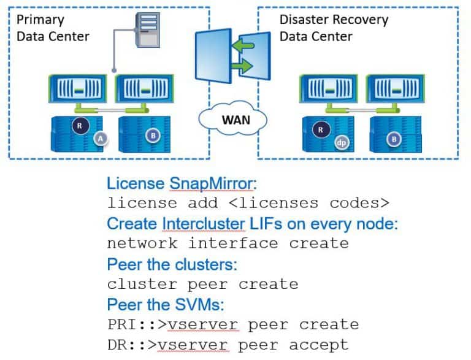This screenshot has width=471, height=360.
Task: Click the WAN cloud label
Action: click(x=235, y=119)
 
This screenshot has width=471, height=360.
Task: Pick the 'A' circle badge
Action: click(x=101, y=140)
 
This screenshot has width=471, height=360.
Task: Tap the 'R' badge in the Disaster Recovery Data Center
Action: click(x=320, y=129)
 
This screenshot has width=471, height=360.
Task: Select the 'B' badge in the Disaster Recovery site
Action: click(x=395, y=139)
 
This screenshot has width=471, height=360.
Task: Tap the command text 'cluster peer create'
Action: click(x=202, y=284)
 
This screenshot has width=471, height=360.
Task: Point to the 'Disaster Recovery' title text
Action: click(x=334, y=20)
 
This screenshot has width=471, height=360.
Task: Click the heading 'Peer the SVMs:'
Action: click(x=164, y=304)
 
